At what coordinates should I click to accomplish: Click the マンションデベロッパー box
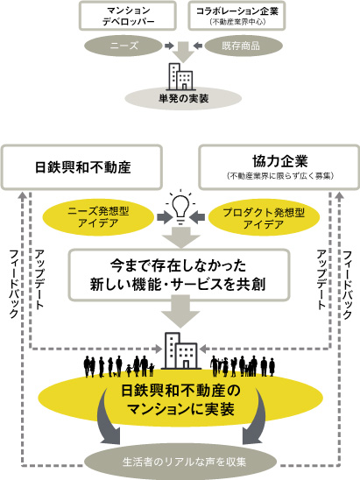tap(128, 16)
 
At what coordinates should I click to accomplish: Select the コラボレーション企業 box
tap(236, 16)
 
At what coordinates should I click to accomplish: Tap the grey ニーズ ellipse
tap(124, 46)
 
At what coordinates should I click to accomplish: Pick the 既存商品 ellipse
tap(244, 46)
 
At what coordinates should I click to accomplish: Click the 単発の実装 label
tap(184, 98)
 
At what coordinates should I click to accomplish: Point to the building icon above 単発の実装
tap(181, 76)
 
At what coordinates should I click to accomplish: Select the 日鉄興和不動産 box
tap(82, 167)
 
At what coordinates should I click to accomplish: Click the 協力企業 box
tap(279, 167)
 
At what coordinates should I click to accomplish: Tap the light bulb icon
tap(180, 207)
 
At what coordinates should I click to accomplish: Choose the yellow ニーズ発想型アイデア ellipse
tap(98, 217)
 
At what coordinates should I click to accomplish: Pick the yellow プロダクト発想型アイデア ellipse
tap(264, 217)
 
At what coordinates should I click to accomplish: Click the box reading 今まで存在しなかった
tap(180, 274)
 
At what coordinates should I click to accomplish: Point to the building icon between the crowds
tap(181, 350)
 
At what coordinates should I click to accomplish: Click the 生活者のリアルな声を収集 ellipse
tap(180, 462)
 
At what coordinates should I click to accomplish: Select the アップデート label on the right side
tap(321, 279)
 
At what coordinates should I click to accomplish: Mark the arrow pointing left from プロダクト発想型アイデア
tap(197, 217)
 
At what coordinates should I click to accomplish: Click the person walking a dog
tap(111, 367)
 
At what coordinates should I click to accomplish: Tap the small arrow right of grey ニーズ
tap(169, 46)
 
